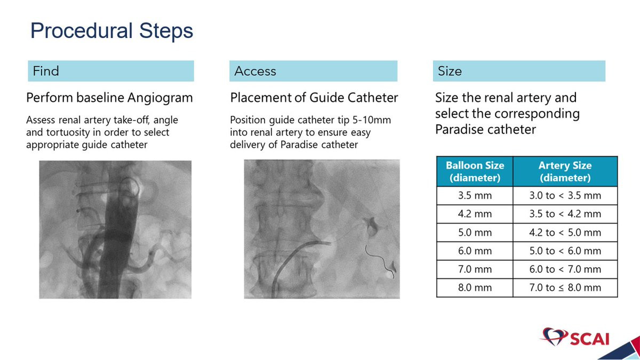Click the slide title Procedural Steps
pos(111,31)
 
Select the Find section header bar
pos(111,71)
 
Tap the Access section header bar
pos(313,71)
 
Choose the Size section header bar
pos(519,71)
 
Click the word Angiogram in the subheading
pos(160,98)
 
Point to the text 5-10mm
pos(371,120)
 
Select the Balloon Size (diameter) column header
pos(475,171)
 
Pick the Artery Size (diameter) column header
pos(565,171)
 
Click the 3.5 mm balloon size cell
pos(475,196)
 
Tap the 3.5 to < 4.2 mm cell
pos(565,214)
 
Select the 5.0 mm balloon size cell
pos(475,233)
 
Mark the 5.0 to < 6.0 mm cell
pos(565,251)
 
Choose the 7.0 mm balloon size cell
pos(475,269)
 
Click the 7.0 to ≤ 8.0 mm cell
pos(565,287)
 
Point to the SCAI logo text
pos(590,339)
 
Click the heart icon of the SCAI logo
pos(554,336)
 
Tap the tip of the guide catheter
pos(331,243)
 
